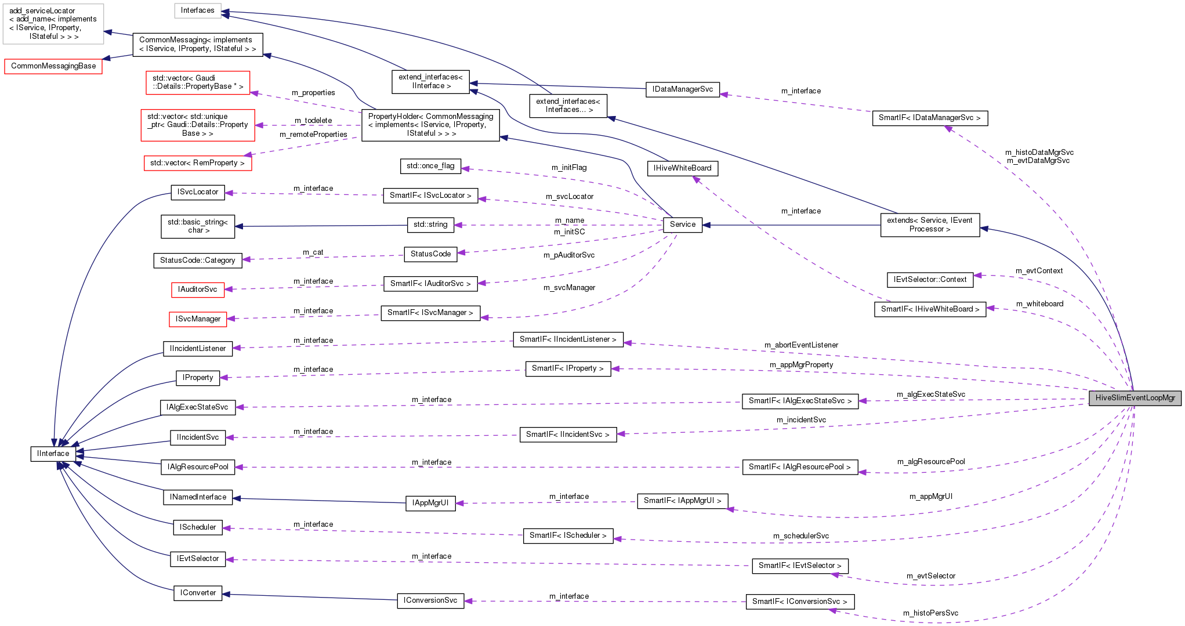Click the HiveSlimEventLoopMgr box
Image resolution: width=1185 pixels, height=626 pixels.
[x=1135, y=398]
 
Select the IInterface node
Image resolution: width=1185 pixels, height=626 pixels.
[x=53, y=454]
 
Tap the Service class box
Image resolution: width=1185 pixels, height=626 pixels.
[x=682, y=225]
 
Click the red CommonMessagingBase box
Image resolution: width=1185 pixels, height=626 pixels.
[x=53, y=66]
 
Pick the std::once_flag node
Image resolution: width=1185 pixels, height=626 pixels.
[x=430, y=166]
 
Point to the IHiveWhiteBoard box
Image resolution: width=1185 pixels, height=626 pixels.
[x=682, y=168]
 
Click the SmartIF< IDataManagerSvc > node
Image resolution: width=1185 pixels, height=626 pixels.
[x=929, y=118]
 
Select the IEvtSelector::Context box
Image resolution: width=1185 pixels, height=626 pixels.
[x=930, y=280]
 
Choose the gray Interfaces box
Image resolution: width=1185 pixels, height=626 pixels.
[x=197, y=10]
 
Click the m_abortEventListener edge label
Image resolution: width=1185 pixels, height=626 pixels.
[x=801, y=345]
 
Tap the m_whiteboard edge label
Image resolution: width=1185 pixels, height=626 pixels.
[x=1039, y=304]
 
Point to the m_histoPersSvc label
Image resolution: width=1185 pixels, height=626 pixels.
[x=930, y=613]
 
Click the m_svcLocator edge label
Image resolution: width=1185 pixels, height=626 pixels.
[x=569, y=197]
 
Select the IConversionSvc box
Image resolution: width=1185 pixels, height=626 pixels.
[x=430, y=600]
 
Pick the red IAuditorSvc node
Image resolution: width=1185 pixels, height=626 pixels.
[x=198, y=290]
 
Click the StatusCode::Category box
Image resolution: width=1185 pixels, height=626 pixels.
[x=197, y=260]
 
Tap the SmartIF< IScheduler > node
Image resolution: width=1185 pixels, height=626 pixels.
[x=568, y=535]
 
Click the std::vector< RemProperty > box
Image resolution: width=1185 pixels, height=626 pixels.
[x=197, y=163]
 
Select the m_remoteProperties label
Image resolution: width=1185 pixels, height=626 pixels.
[x=313, y=135]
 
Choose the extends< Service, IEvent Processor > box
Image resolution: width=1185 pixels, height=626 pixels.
[x=929, y=225]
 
